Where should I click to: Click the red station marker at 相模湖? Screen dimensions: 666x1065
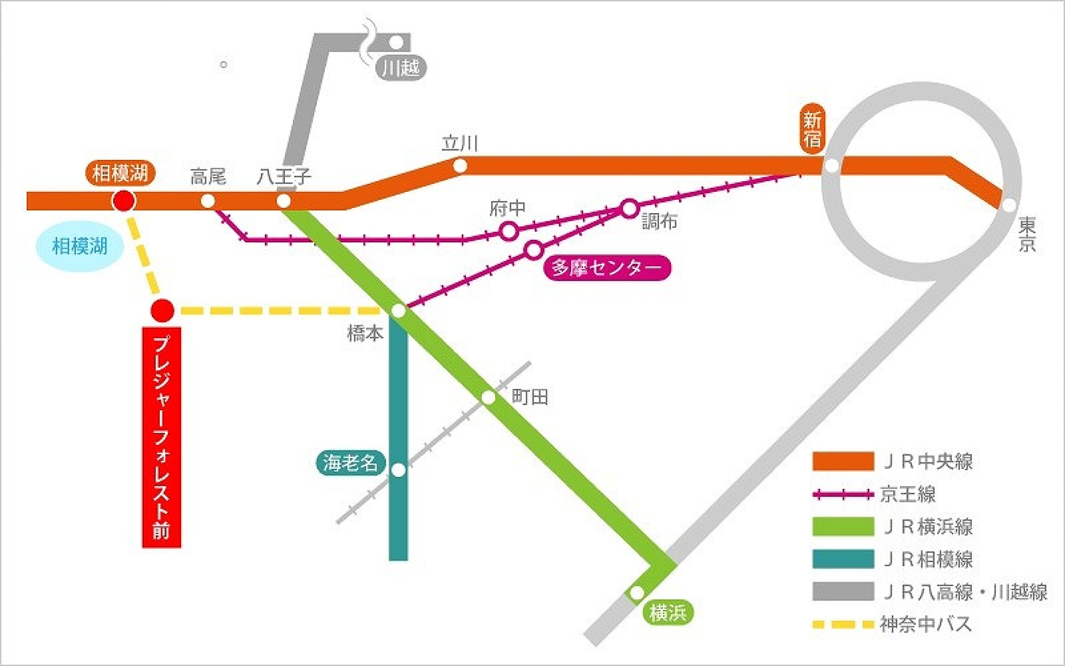pyautogui.click(x=124, y=201)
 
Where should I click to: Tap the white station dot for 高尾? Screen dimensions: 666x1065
pyautogui.click(x=208, y=201)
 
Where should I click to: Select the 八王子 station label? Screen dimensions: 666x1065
pyautogui.click(x=284, y=176)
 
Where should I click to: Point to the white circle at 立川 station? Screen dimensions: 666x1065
pyautogui.click(x=460, y=166)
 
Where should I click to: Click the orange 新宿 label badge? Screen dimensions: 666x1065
pyautogui.click(x=812, y=129)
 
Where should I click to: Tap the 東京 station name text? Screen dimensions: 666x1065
pyautogui.click(x=1027, y=234)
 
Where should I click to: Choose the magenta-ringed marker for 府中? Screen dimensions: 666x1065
pyautogui.click(x=509, y=231)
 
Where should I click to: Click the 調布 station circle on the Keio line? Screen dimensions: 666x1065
pyautogui.click(x=629, y=208)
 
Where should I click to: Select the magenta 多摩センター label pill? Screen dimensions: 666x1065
pyautogui.click(x=607, y=267)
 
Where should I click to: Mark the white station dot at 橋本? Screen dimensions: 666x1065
pyautogui.click(x=398, y=311)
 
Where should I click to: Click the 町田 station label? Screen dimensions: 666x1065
pyautogui.click(x=530, y=397)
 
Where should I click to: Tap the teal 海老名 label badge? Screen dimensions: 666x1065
pyautogui.click(x=350, y=462)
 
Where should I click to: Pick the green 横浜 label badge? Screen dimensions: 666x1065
pyautogui.click(x=668, y=613)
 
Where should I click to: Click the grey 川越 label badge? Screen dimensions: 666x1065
pyautogui.click(x=401, y=68)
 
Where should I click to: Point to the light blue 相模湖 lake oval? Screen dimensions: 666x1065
pyautogui.click(x=80, y=246)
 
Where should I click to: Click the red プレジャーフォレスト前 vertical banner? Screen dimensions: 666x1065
pyautogui.click(x=161, y=437)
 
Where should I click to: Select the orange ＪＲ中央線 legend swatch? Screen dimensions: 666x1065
pyautogui.click(x=843, y=461)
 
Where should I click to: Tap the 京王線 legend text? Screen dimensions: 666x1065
pyautogui.click(x=908, y=494)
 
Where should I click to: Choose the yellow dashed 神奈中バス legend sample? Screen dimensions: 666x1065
pyautogui.click(x=843, y=624)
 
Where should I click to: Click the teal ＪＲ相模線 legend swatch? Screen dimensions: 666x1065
pyautogui.click(x=843, y=559)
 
